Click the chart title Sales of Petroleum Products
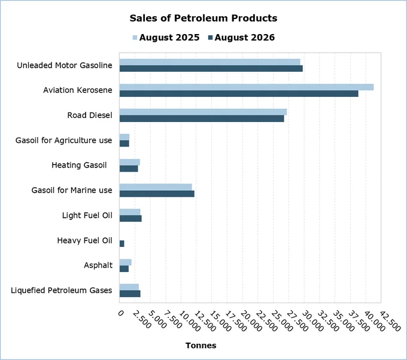[x=203, y=18]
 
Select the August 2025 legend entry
[x=166, y=37]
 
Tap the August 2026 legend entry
[x=241, y=37]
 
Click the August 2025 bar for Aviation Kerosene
[x=247, y=87]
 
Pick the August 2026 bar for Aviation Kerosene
[x=239, y=94]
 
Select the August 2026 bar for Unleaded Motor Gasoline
[x=211, y=69]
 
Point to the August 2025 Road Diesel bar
[x=203, y=112]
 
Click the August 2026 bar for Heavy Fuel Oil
[x=122, y=243]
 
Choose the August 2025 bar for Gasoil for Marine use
[x=156, y=187]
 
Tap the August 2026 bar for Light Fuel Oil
[x=130, y=218]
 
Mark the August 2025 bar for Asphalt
[x=125, y=262]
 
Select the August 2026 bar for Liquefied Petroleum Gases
[x=130, y=294]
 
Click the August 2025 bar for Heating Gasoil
[x=130, y=162]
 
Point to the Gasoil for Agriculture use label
[x=64, y=141]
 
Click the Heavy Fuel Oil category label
[x=84, y=240]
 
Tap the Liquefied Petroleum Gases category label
[x=62, y=290]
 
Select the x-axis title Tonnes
[x=201, y=346]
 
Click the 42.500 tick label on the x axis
[x=390, y=321]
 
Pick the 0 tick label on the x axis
[x=121, y=313]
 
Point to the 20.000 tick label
[x=251, y=321]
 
